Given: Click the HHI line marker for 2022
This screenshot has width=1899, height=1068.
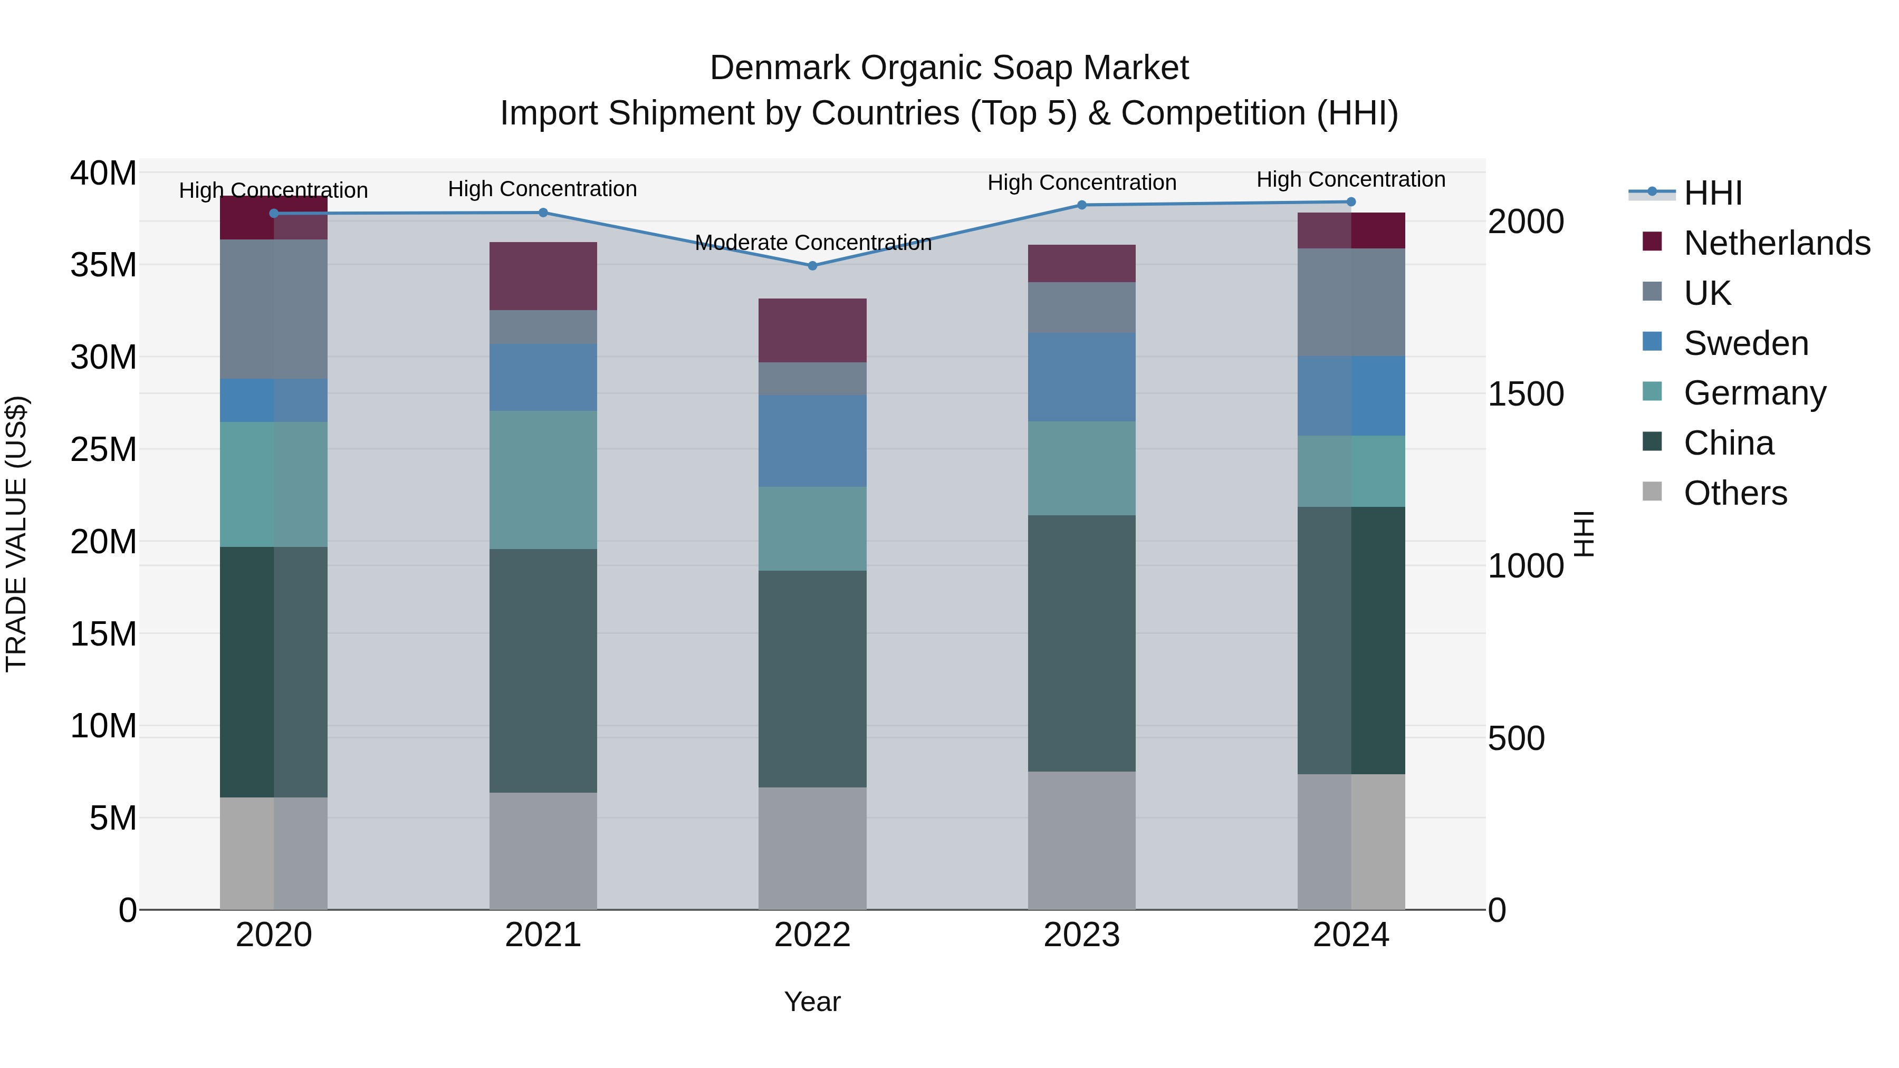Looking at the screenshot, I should [812, 265].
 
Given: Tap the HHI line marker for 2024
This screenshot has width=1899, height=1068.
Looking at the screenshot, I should [1350, 202].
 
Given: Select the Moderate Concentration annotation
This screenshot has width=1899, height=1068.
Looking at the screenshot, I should [812, 243].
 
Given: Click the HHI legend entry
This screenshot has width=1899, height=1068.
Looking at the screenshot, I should [1712, 193].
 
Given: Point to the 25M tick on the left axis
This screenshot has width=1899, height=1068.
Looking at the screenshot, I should [103, 449].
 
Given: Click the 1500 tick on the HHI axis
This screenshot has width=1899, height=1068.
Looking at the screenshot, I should [1525, 395].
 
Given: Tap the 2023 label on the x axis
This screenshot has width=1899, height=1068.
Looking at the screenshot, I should [1081, 935].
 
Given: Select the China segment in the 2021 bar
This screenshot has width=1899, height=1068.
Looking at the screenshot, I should [543, 671].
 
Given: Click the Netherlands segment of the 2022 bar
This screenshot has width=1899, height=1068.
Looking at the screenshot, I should [812, 330].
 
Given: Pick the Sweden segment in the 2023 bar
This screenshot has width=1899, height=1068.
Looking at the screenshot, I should [1081, 378].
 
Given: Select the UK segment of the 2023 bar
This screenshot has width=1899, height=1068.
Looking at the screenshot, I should [1081, 307].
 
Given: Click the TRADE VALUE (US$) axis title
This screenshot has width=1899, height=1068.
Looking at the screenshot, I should [16, 534].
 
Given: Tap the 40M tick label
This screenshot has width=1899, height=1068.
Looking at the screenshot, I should [103, 174].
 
